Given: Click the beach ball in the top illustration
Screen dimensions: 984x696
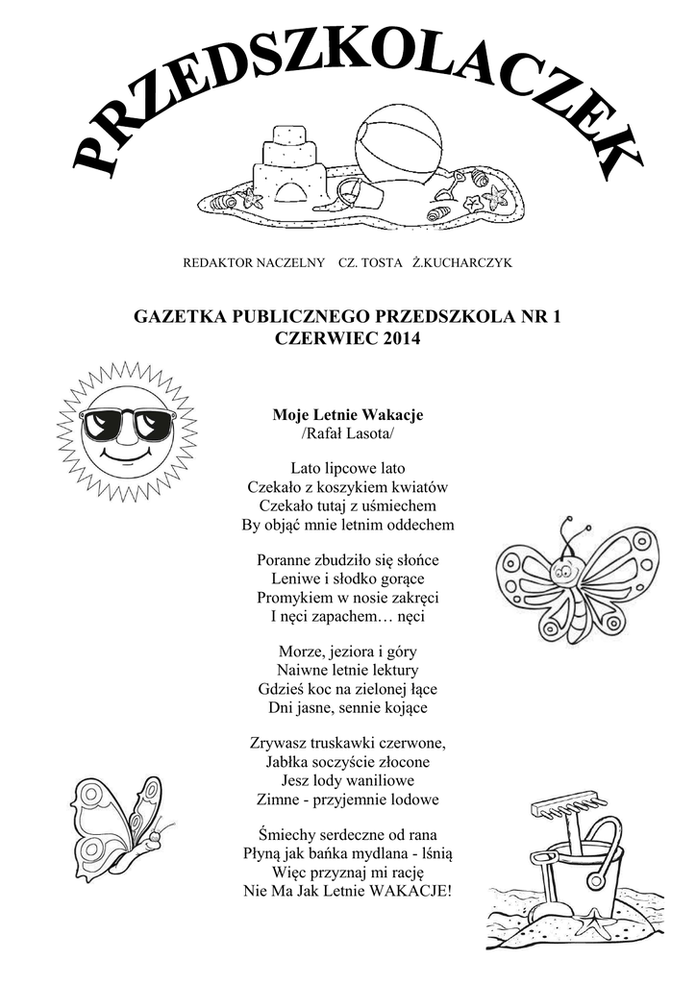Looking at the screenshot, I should pos(399,149).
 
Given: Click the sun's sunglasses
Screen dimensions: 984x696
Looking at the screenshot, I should pos(127,423).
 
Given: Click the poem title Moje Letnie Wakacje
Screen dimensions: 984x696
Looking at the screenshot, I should pos(348,415).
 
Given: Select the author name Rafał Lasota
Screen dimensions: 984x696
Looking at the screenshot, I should pos(348,434).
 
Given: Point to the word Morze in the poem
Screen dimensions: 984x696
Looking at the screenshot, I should pos(301,652).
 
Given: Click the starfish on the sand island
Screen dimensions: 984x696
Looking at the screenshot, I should pos(495,197).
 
